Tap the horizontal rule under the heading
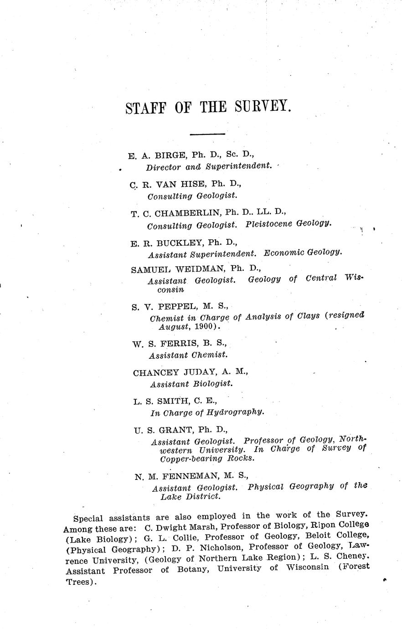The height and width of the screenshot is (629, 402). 207,134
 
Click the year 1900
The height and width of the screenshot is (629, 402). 204,327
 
